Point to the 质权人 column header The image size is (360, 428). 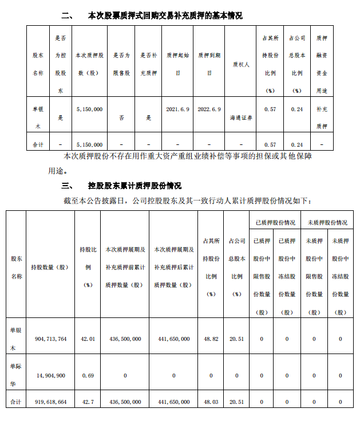(240, 65)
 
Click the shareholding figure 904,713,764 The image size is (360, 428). (49, 339)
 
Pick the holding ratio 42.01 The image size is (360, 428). (88, 339)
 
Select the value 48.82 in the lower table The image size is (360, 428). (211, 339)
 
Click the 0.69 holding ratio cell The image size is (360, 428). (88, 376)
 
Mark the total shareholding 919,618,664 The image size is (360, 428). (49, 402)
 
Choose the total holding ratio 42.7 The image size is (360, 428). (88, 402)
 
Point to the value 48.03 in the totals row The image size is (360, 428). (211, 402)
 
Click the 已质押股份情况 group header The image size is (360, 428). (275, 222)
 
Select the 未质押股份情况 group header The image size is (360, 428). (327, 222)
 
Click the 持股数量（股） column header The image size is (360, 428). (49, 267)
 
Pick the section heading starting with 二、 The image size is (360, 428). (151, 15)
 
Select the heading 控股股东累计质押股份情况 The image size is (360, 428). (134, 186)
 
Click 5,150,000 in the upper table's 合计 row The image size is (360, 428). (89, 144)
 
